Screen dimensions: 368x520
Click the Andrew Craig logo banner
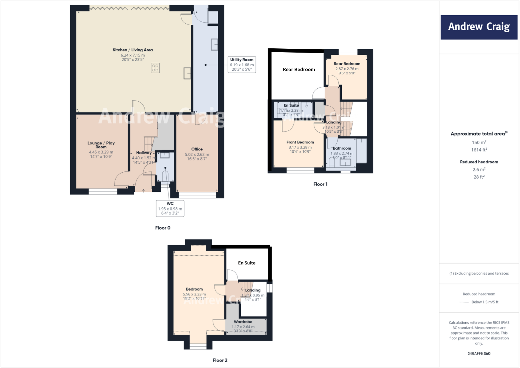(479, 27)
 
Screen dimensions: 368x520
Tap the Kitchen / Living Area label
(133, 50)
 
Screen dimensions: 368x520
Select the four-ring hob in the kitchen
(155, 68)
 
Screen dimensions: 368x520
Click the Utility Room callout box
(242, 64)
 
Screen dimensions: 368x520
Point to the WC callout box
(170, 208)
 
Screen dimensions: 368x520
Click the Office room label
(197, 149)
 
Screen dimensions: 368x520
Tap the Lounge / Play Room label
(101, 145)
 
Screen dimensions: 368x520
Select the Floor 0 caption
(163, 228)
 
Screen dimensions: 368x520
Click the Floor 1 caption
(320, 184)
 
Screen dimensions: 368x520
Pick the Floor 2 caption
(220, 360)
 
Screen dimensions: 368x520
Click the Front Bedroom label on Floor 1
(300, 142)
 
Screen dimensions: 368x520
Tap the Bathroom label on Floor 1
(342, 148)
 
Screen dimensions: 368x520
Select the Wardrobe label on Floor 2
(243, 322)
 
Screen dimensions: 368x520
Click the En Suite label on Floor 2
(247, 263)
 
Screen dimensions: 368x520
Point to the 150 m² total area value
(479, 142)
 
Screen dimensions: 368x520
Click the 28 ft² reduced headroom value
(479, 177)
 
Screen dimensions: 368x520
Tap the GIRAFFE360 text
(479, 353)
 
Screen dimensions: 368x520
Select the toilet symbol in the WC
(165, 176)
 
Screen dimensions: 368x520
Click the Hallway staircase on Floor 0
(149, 144)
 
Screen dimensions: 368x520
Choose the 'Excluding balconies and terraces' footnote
(479, 273)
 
